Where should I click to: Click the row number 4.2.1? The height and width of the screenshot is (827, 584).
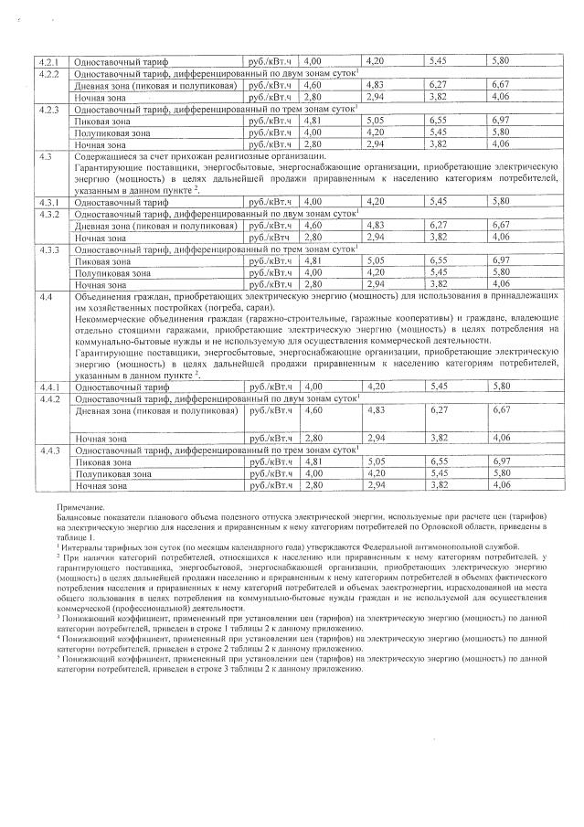tap(47, 60)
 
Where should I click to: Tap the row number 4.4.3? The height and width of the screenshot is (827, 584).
tap(47, 451)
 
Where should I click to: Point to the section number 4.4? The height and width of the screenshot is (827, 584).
tap(44, 323)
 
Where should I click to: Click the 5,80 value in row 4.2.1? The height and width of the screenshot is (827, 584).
tap(500, 60)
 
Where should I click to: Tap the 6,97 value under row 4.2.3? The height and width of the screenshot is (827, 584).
tap(500, 120)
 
